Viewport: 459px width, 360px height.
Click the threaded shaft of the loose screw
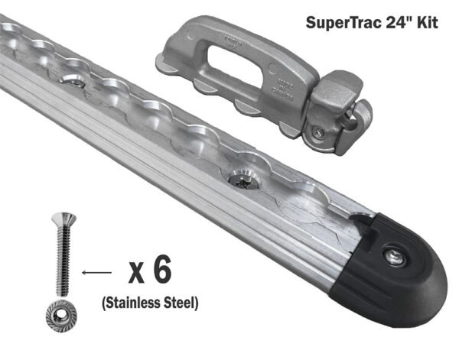(57, 260)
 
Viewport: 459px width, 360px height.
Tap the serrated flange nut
(58, 315)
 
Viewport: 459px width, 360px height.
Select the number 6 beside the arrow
(161, 270)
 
